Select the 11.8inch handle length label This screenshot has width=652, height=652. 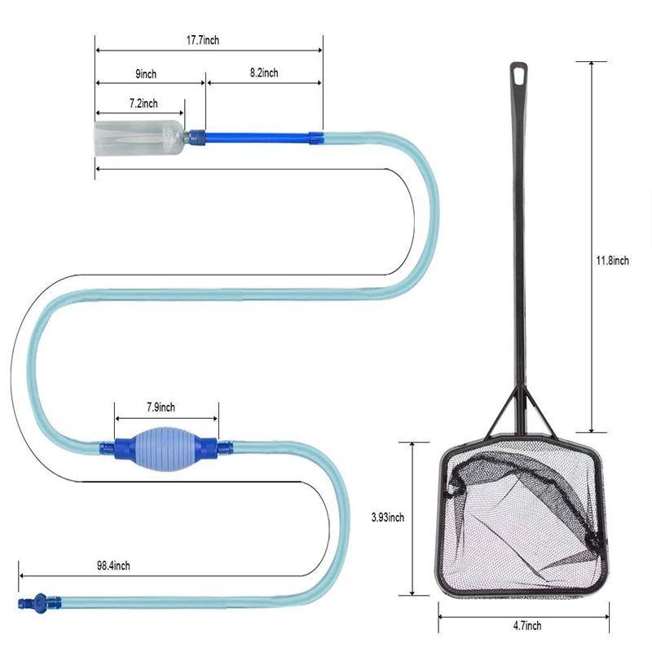[x=611, y=261]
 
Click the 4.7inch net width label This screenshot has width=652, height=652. [x=526, y=626]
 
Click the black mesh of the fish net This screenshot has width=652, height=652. [x=522, y=522]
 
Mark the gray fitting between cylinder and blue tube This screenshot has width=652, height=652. [x=193, y=136]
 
